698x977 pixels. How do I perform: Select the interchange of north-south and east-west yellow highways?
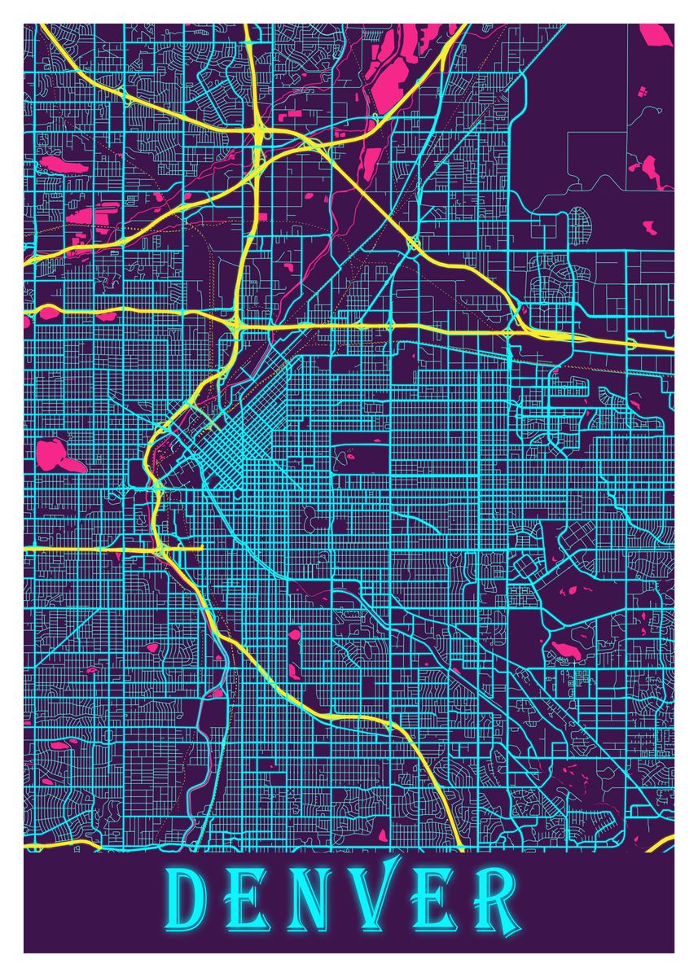pyautogui.click(x=236, y=326)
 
